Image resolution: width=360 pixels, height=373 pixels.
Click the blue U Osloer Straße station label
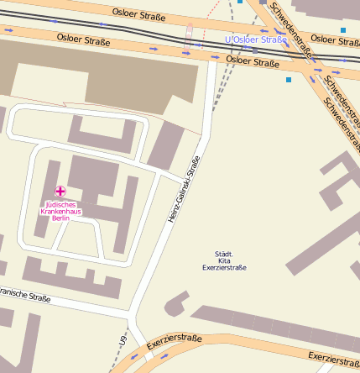click(256, 39)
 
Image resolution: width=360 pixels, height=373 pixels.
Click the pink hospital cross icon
click(60, 192)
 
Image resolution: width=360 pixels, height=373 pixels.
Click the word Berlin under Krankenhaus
click(60, 218)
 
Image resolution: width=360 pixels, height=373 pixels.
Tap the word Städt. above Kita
click(224, 254)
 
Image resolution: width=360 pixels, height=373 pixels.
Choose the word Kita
click(224, 260)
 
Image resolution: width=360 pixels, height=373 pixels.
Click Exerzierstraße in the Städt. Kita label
click(224, 268)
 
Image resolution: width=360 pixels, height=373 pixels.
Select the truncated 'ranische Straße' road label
click(25, 295)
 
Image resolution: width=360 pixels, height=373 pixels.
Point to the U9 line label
click(122, 343)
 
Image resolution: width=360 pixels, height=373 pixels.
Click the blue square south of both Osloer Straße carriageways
click(289, 80)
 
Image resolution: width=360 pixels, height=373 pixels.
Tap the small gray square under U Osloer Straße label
click(255, 50)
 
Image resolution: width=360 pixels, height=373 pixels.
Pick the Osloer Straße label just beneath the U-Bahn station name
click(253, 62)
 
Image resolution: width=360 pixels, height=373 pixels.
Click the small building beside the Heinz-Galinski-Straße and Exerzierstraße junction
click(176, 302)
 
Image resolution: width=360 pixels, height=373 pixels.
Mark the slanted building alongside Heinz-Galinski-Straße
click(166, 144)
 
